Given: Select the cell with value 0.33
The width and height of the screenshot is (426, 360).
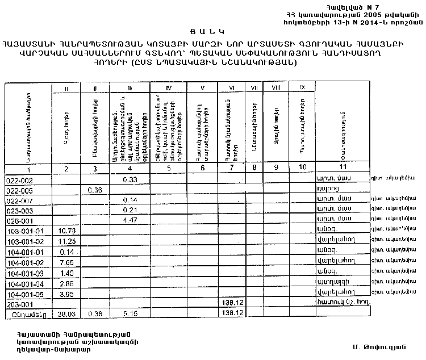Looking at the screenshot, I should tap(131, 179).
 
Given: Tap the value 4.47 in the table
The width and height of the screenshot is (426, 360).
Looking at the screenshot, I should tap(131, 220).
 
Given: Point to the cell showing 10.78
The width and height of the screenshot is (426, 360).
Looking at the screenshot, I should tap(67, 231).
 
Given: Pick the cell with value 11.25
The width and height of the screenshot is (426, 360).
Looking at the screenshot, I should tap(67, 241).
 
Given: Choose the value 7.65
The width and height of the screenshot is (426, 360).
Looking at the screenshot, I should tap(67, 262).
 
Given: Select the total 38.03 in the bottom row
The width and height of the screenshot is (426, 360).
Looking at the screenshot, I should tap(67, 313).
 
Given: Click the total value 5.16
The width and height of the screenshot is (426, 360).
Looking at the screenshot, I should tap(131, 313).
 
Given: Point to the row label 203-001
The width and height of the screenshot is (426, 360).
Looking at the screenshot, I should tap(18, 303).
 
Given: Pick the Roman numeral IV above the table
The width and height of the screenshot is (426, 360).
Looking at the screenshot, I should tap(168, 87).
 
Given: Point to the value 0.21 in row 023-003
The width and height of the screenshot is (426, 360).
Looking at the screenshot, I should tap(131, 210).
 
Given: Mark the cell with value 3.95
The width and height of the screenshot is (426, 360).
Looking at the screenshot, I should tap(67, 293).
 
